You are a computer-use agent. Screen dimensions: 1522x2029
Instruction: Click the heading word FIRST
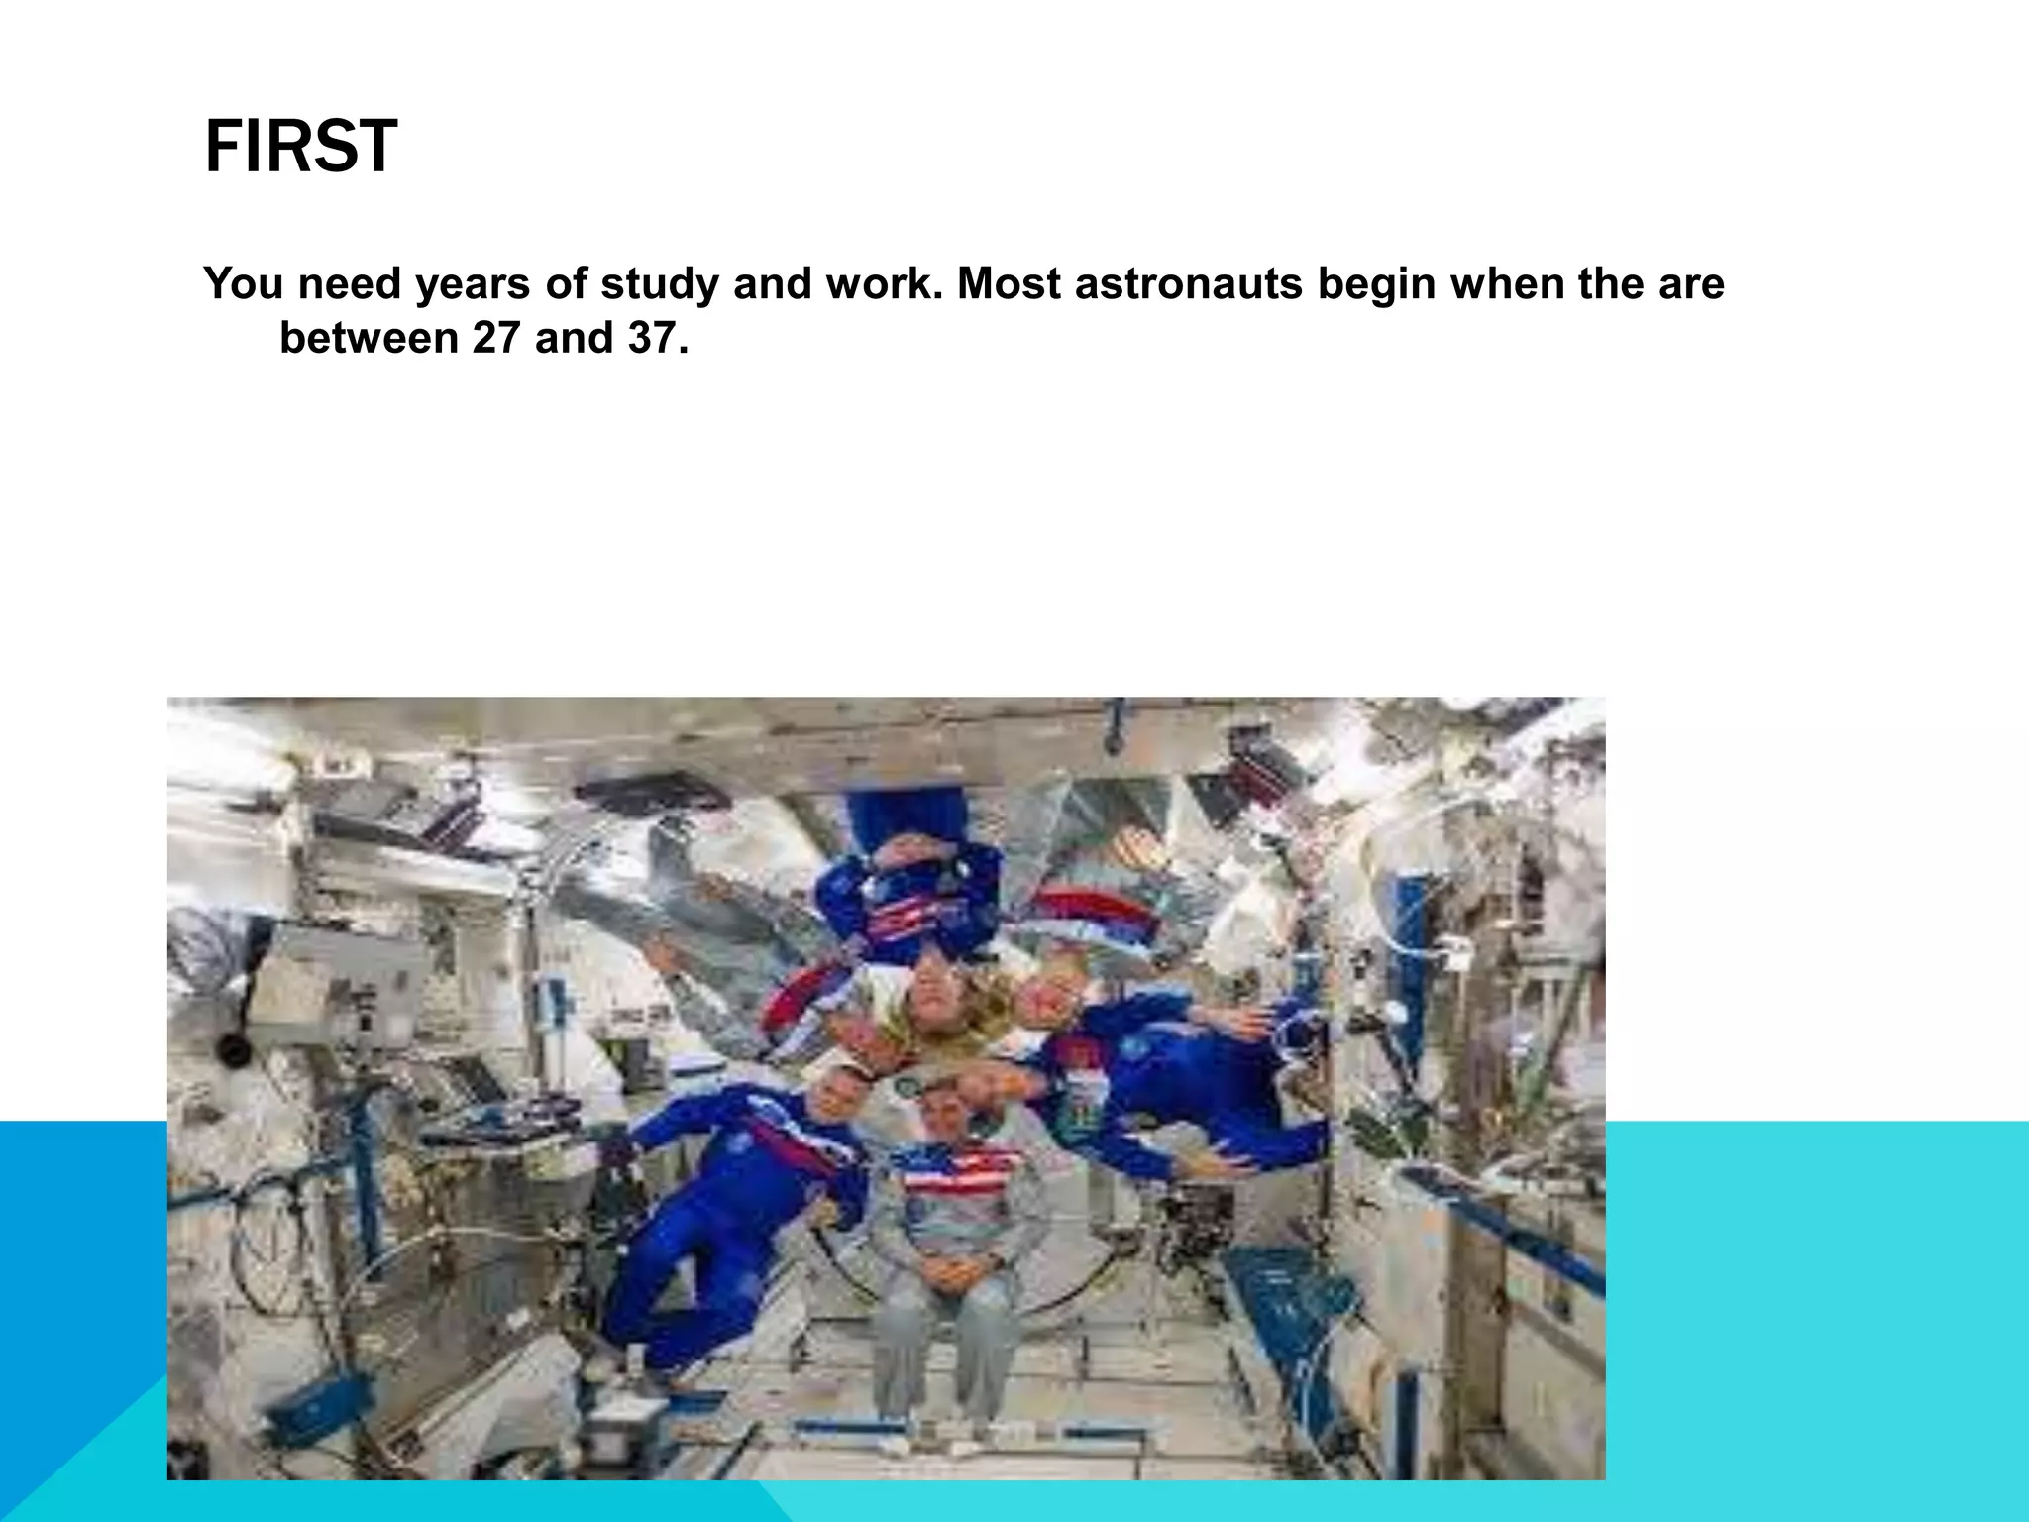[x=300, y=147]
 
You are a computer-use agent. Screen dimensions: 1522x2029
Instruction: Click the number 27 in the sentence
[x=495, y=339]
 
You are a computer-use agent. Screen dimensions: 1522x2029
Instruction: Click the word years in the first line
[x=474, y=284]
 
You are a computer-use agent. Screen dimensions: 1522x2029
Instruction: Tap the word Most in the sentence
[x=1009, y=284]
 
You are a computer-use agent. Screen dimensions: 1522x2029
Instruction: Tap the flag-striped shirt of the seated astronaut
[x=956, y=1174]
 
